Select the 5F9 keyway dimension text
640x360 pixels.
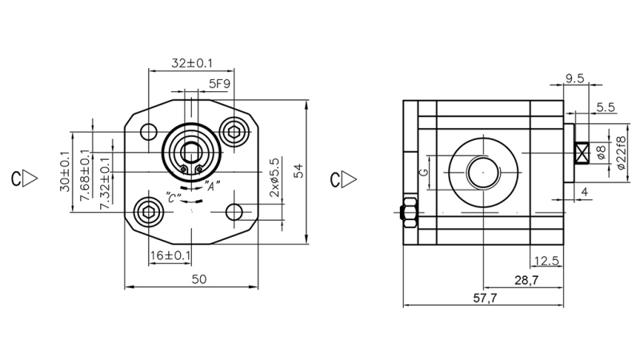point(221,83)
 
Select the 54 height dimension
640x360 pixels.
point(298,171)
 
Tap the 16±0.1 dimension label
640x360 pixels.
point(170,255)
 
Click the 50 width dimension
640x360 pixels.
point(200,278)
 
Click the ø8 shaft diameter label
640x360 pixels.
point(602,153)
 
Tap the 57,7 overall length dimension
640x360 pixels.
point(482,298)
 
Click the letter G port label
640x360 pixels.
point(425,171)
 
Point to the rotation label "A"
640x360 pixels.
point(212,186)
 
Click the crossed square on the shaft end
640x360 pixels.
point(582,152)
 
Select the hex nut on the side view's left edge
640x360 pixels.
point(406,211)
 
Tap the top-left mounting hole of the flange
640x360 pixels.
point(150,131)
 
